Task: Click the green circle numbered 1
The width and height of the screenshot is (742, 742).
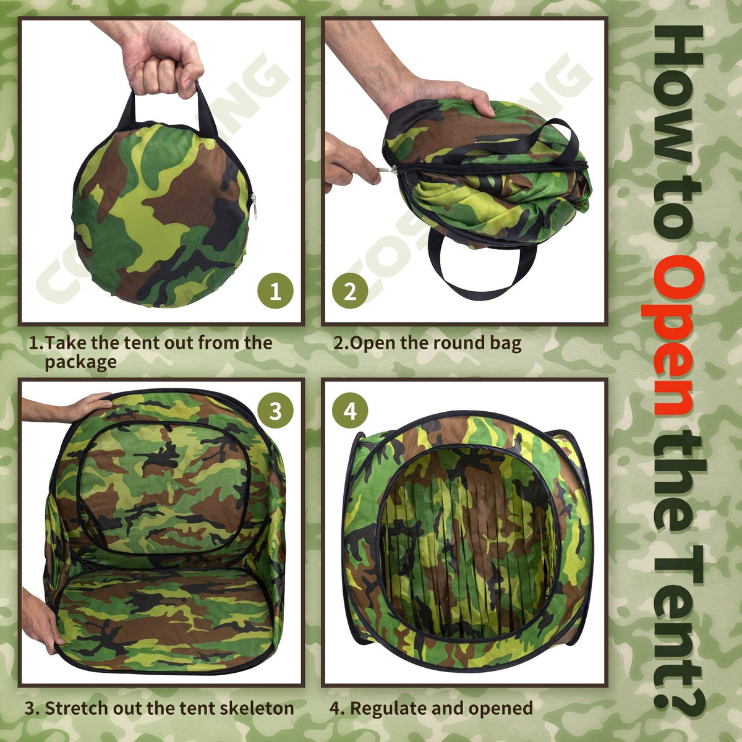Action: tap(275, 291)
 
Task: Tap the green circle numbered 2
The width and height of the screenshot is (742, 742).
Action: tap(350, 291)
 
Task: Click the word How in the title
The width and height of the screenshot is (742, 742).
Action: tap(678, 92)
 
